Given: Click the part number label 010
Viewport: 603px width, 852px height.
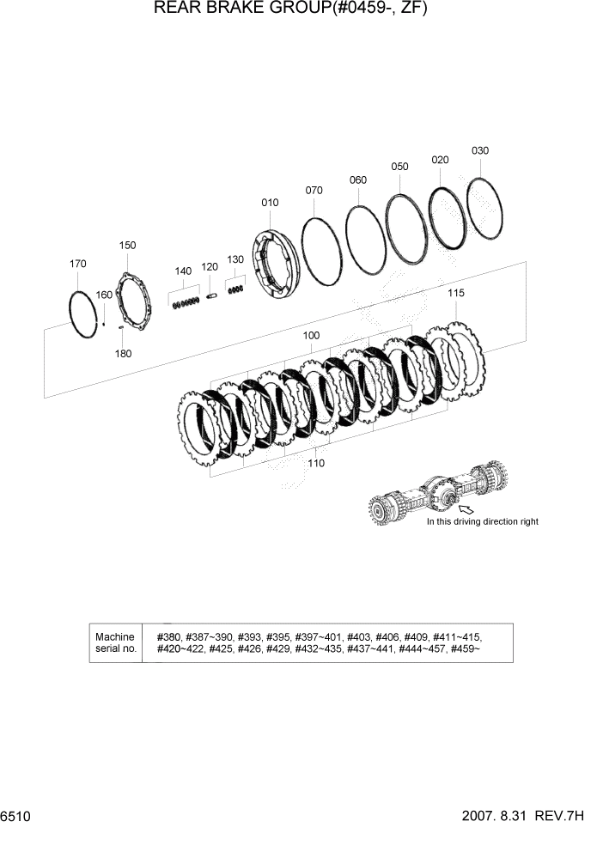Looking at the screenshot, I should point(270,203).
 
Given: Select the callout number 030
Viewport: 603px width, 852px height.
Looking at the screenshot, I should point(479,151).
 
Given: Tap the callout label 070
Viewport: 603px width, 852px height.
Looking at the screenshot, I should point(314,191).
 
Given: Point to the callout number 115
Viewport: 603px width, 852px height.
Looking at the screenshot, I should point(455,294).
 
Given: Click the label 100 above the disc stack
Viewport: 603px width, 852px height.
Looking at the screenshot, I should point(312,335).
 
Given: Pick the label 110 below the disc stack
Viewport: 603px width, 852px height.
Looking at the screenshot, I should point(315,463).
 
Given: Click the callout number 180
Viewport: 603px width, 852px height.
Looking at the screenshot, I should point(124,353).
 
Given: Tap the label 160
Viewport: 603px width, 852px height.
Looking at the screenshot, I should point(104,295).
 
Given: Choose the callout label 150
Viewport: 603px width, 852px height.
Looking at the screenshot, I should point(127,246).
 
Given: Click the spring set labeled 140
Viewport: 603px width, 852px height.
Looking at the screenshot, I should point(186,301).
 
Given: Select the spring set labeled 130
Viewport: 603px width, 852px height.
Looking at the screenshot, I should point(234,290).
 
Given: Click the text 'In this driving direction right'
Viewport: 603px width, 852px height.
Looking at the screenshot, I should point(482,522).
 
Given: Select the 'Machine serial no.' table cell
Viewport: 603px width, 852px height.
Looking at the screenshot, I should point(116,642).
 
